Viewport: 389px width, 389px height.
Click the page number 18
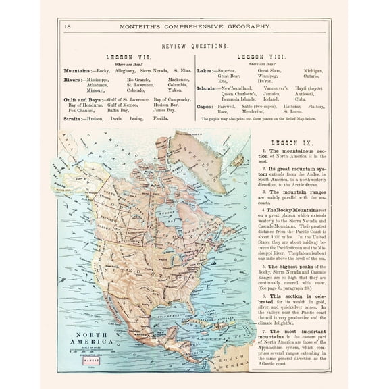(x=66, y=26)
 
